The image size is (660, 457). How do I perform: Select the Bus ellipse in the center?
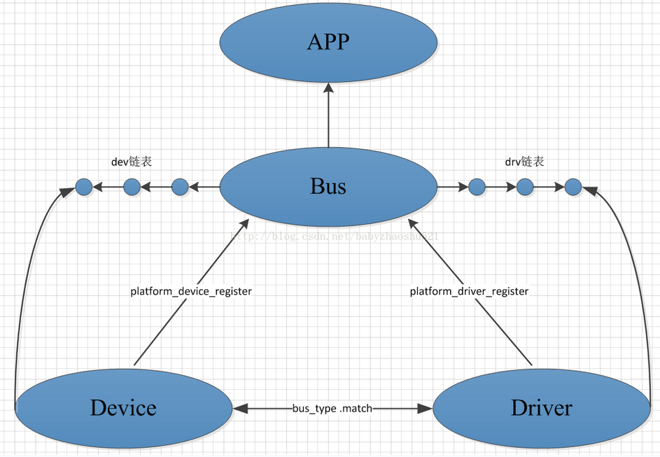(328, 187)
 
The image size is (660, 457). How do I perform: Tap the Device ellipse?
(123, 407)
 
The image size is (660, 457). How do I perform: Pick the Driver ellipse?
(541, 407)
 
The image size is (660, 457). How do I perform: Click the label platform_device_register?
(191, 291)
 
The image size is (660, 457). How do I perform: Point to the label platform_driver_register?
(469, 291)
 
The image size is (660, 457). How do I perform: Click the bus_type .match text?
(332, 408)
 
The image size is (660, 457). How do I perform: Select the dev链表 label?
(132, 162)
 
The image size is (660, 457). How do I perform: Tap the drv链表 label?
(524, 162)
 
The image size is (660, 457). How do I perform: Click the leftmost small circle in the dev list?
(84, 187)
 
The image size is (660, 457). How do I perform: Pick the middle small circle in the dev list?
(132, 187)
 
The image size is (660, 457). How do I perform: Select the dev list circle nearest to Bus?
(180, 187)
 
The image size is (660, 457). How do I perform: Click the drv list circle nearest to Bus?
(477, 187)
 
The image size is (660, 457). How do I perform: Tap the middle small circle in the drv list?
(525, 187)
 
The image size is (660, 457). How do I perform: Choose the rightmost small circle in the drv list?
(573, 187)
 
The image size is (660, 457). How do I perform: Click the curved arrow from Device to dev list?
(23, 280)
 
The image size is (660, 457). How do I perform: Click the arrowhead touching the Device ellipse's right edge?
(240, 408)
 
